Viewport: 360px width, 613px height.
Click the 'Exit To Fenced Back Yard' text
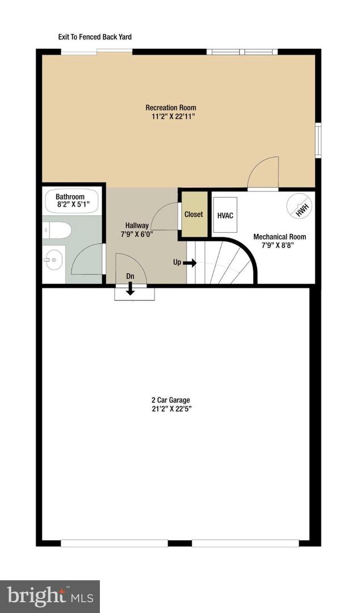(95, 37)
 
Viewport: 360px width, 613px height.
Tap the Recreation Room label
(171, 108)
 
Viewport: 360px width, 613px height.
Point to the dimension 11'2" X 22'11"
(171, 117)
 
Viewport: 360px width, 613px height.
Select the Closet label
(193, 215)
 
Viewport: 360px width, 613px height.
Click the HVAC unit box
(225, 216)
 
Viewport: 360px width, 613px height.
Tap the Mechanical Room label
(279, 237)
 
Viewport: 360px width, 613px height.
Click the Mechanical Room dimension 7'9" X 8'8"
(279, 246)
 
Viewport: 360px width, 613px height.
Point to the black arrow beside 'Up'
(190, 263)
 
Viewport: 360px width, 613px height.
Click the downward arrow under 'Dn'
(130, 289)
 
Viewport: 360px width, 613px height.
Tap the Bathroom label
(70, 197)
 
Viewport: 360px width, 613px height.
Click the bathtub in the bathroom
(72, 201)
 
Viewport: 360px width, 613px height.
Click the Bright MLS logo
(50, 596)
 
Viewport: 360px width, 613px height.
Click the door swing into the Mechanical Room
(262, 173)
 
